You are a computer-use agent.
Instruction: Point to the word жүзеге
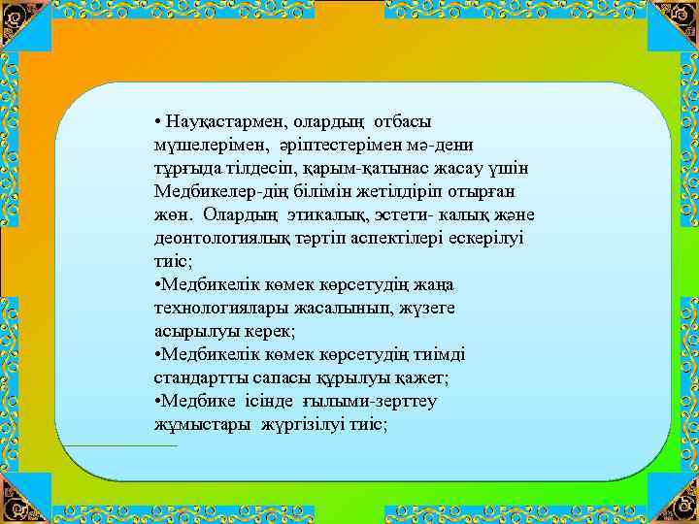click(428, 309)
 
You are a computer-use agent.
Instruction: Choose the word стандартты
click(202, 378)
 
